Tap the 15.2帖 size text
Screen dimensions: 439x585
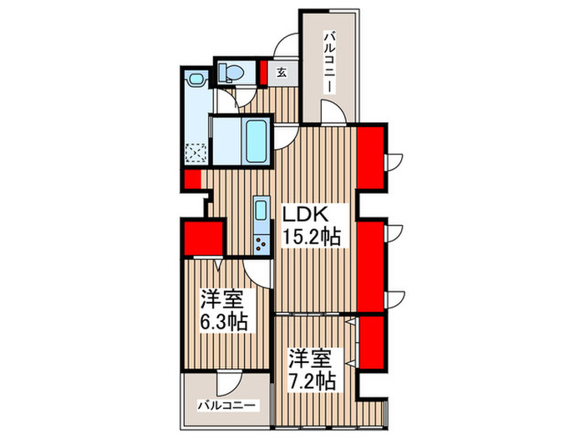tap(310, 237)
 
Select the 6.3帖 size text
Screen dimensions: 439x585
tap(222, 322)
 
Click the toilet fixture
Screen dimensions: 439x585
tap(231, 74)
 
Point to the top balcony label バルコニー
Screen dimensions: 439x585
tap(329, 63)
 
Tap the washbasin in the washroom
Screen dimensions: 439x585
tap(196, 81)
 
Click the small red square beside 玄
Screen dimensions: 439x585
tap(262, 73)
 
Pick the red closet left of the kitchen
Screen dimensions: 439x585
tap(202, 237)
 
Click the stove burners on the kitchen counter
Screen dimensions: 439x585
tap(261, 243)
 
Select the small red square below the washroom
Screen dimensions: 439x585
tap(192, 180)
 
